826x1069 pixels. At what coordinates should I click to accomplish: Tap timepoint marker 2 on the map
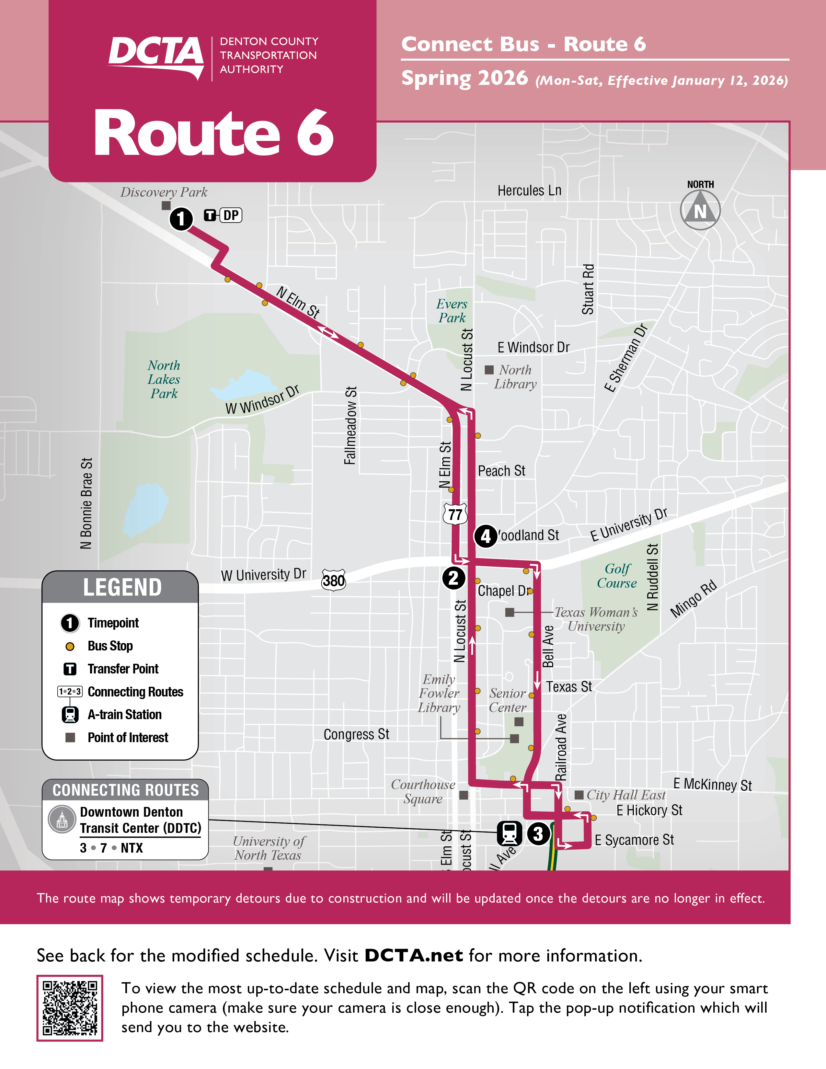(453, 578)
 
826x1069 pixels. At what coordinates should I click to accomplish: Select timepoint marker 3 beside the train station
(538, 833)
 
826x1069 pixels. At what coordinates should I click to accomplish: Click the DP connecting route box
(231, 215)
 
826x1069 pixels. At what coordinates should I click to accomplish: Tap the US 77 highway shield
(455, 514)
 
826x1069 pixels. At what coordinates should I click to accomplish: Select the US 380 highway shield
(334, 580)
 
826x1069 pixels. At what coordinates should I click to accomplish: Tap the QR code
(70, 1008)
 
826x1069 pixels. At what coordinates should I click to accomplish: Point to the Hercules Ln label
(530, 190)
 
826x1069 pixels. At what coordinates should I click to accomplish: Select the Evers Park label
(452, 311)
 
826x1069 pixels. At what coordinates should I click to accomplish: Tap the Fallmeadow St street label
(350, 425)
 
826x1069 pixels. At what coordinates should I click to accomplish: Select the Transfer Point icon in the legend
(70, 669)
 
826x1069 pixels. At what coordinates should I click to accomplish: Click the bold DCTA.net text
(414, 955)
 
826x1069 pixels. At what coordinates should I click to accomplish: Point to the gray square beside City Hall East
(579, 794)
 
